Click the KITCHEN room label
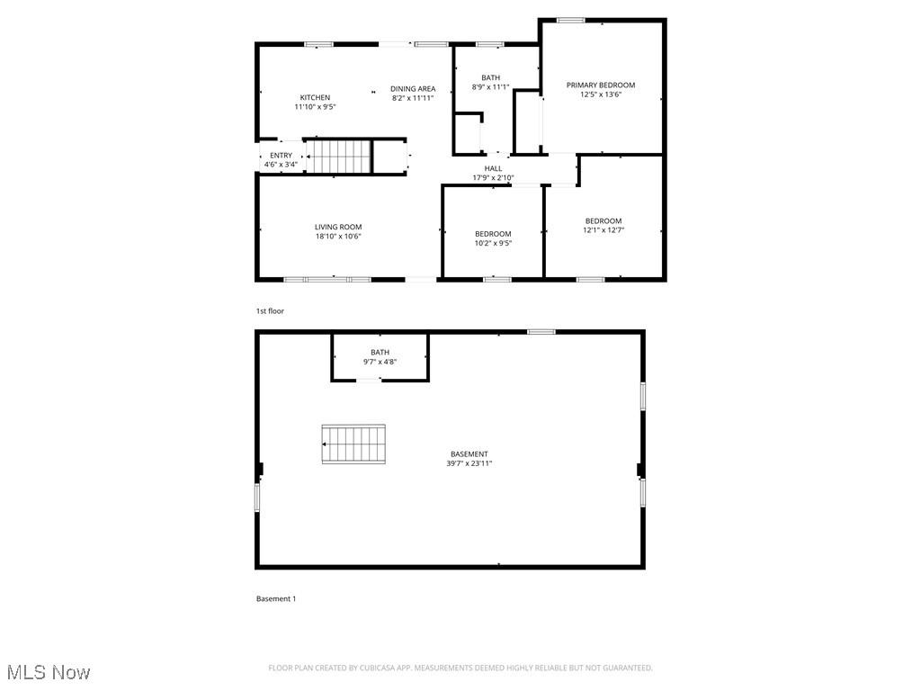(315, 97)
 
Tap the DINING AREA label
(413, 88)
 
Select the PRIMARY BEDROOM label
(601, 85)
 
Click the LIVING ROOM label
(338, 227)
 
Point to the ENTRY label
(281, 156)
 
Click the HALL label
(493, 168)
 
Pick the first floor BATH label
(490, 77)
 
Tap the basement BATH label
(380, 352)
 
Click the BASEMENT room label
(469, 453)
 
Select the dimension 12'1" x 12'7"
(604, 230)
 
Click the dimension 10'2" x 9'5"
(493, 243)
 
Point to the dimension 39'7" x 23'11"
(469, 463)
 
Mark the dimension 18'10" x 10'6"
(338, 237)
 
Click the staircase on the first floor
(339, 157)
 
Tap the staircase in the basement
(353, 444)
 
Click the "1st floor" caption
(270, 311)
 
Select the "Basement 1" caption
(276, 599)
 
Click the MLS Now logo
(49, 672)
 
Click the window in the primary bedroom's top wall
(570, 20)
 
